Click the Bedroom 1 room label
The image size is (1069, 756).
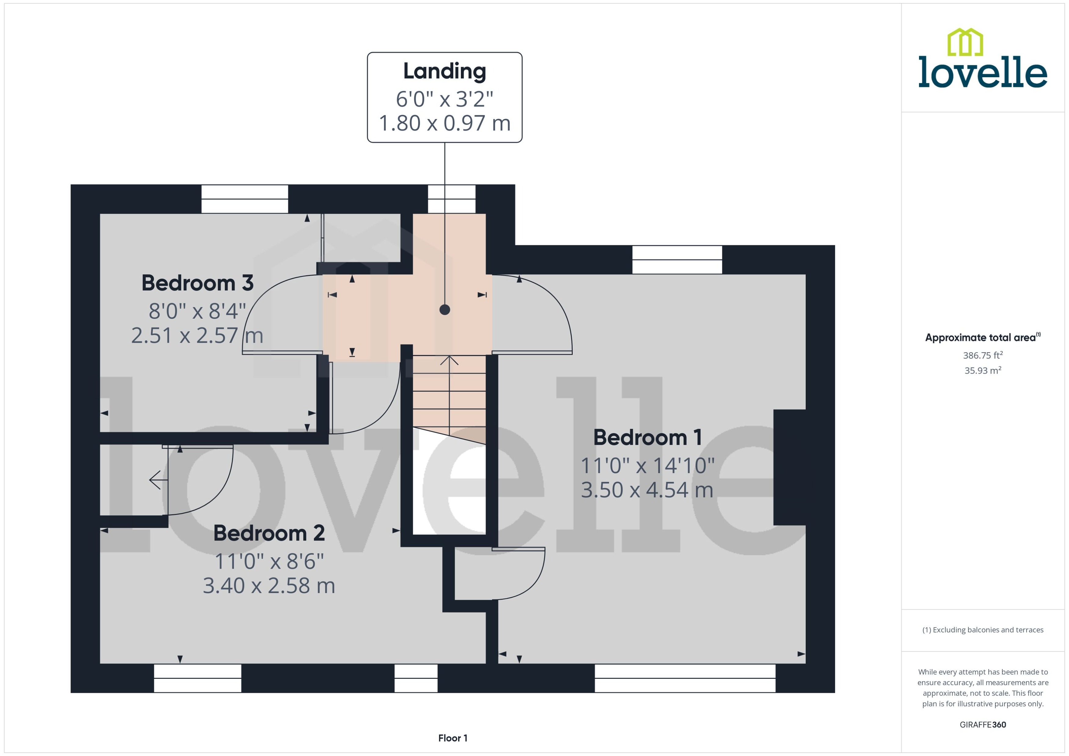point(647,438)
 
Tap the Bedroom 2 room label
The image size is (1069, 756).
point(269,533)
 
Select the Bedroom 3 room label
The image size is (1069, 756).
point(198,283)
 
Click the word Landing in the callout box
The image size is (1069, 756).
point(444,71)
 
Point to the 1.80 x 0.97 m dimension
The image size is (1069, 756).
point(444,123)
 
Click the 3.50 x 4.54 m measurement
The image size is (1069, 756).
point(647,490)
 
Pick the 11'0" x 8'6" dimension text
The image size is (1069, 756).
point(269,561)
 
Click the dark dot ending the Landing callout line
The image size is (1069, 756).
point(444,309)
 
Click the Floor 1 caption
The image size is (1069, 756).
point(452,738)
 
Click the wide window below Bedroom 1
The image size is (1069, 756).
point(685,678)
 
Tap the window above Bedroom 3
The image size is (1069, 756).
point(245,199)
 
